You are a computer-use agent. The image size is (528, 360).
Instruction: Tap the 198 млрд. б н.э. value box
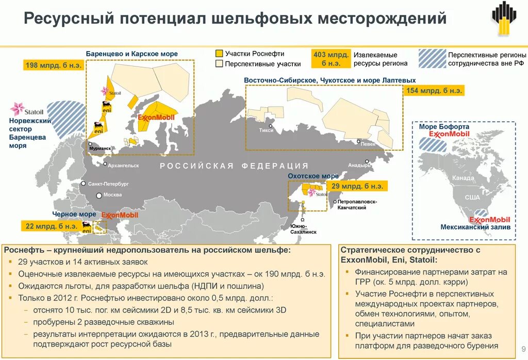pyautogui.click(x=53, y=65)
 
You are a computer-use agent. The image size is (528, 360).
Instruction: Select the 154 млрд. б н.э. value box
pyautogui.click(x=435, y=91)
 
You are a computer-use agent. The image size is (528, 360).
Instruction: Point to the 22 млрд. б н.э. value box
pyautogui.click(x=51, y=226)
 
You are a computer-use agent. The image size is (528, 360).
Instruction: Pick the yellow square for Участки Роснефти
pyautogui.click(x=219, y=54)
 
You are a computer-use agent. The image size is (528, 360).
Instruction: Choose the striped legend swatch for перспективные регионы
pyautogui.click(x=432, y=58)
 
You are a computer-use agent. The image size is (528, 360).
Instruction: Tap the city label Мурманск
pyautogui.click(x=100, y=149)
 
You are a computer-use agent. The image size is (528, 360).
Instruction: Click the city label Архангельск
pyautogui.click(x=123, y=166)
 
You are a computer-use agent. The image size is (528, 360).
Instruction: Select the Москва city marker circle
pyautogui.click(x=99, y=195)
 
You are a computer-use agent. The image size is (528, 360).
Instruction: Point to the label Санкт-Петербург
pyautogui.click(x=108, y=184)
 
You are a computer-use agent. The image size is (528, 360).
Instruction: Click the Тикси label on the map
pyautogui.click(x=267, y=130)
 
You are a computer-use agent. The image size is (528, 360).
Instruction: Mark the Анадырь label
pyautogui.click(x=356, y=166)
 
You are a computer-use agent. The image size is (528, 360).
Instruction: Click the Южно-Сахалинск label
pyautogui.click(x=302, y=229)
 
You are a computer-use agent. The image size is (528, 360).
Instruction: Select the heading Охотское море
pyautogui.click(x=313, y=176)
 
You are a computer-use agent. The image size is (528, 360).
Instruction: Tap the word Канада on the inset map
pyautogui.click(x=463, y=178)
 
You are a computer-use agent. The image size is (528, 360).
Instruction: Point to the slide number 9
pyautogui.click(x=523, y=347)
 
